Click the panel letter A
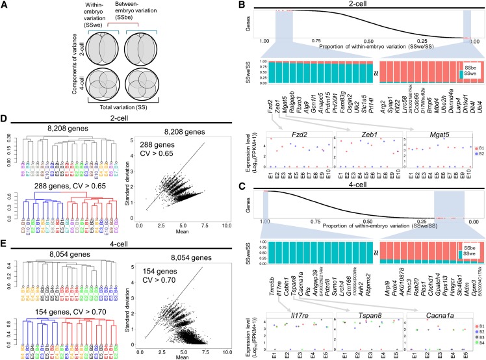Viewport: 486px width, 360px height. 5,5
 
